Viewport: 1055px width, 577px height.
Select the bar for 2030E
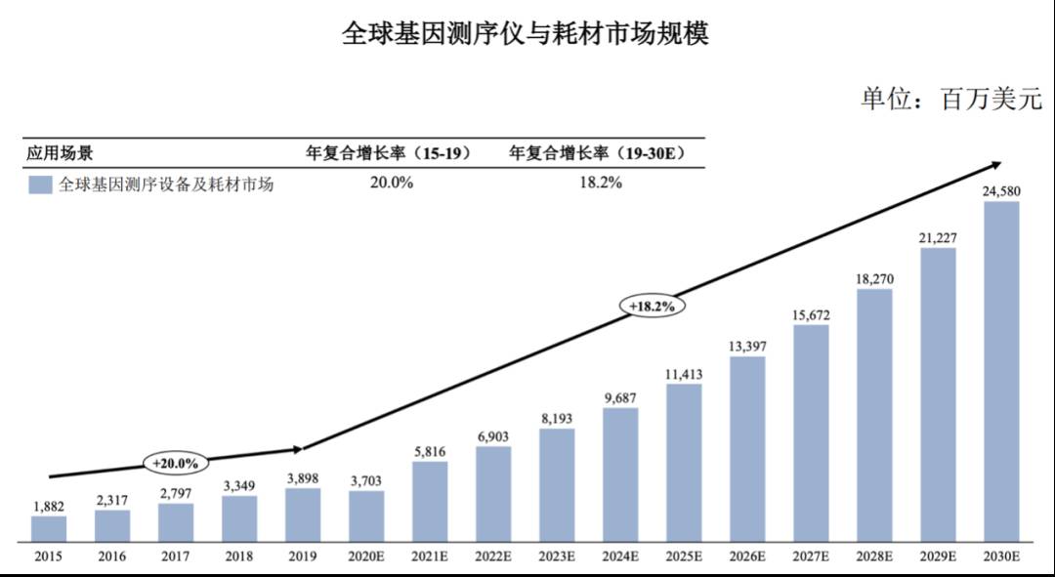pos(1001,372)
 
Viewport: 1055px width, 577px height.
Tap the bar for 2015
pos(49,528)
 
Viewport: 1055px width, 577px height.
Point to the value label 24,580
pos(1001,191)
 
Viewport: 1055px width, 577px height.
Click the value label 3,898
pos(303,477)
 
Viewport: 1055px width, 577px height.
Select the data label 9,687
pos(620,397)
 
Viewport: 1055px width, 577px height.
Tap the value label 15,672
pos(811,314)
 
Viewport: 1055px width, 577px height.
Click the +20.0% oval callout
pos(176,463)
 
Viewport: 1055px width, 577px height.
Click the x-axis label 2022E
pos(493,556)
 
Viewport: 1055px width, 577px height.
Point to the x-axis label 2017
pos(176,556)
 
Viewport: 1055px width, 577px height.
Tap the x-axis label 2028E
pos(874,556)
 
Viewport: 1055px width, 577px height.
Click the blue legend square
pos(40,185)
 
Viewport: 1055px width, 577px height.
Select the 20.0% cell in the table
pos(391,183)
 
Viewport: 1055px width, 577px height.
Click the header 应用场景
pos(60,153)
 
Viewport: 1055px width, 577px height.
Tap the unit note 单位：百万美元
pos(950,100)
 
